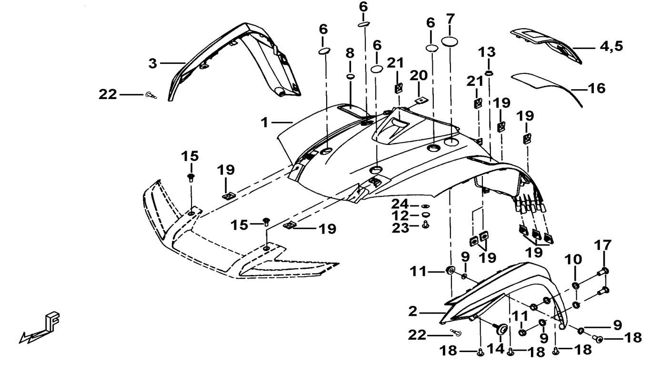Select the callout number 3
[152, 63]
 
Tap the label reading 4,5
[611, 47]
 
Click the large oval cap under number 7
[450, 41]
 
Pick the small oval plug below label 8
[350, 78]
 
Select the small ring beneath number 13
[489, 72]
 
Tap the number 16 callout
[596, 89]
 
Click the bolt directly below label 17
[603, 272]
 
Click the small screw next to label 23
[426, 226]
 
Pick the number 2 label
[412, 312]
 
